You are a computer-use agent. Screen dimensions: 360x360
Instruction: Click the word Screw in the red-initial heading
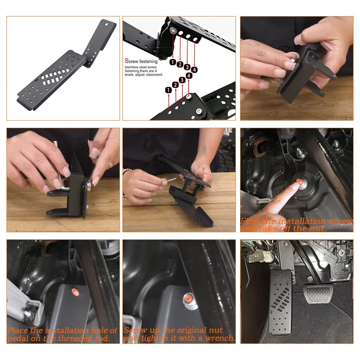point(130,62)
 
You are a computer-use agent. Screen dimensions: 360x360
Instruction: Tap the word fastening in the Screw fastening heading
point(148,62)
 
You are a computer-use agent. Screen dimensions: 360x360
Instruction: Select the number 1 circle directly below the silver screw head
point(172,62)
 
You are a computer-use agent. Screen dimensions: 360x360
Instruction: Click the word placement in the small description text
point(154,75)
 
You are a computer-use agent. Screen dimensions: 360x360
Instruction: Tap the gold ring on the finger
point(111,165)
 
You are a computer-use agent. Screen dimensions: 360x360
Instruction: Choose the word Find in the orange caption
point(251,221)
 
